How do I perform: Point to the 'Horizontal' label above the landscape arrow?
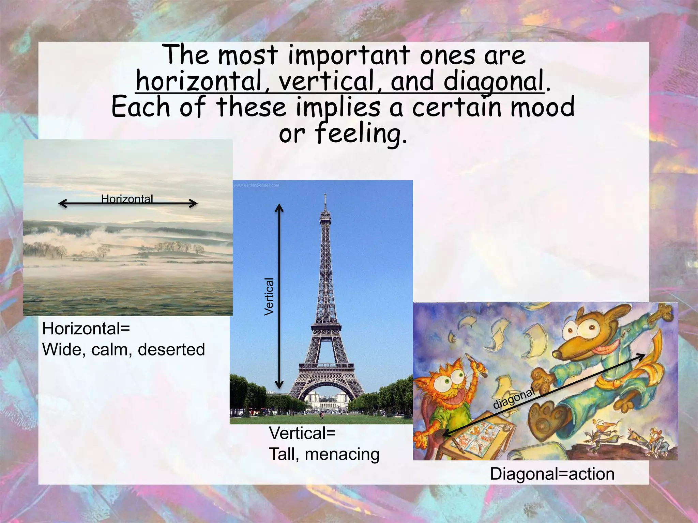127,199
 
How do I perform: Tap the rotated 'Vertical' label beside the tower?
269,297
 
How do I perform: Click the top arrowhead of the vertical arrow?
279,207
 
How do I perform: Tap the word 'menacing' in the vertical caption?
342,454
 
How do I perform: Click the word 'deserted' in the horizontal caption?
171,350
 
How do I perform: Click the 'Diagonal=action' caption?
552,474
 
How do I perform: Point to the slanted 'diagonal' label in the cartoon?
514,398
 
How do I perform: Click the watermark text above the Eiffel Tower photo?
256,185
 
